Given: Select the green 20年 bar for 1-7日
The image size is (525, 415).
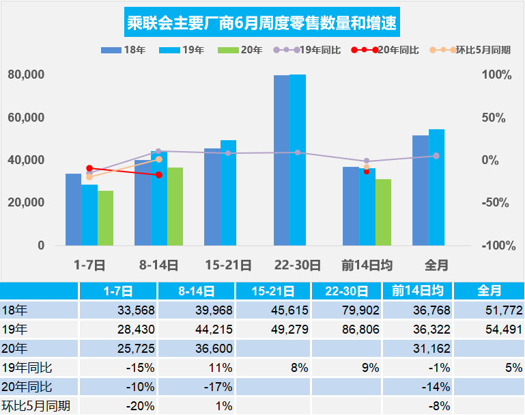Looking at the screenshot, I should click(105, 217).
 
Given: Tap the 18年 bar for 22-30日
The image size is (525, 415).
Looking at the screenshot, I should click(281, 160).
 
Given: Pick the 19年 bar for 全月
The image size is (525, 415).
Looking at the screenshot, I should click(436, 187).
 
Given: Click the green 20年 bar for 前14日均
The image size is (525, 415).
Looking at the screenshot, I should click(383, 212).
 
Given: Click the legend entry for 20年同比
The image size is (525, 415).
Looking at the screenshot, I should click(385, 50).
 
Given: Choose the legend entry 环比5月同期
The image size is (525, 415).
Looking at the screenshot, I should click(470, 50).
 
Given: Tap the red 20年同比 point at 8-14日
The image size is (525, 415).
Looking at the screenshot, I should click(159, 175).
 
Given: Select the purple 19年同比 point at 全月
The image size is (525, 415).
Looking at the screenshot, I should click(436, 156).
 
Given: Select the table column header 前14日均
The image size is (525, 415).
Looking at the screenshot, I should click(418, 291).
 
